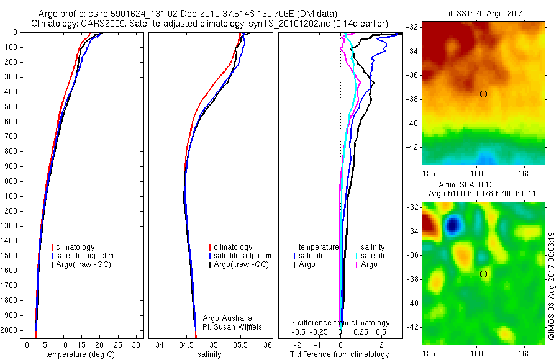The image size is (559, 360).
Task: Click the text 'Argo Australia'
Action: tap(227, 318)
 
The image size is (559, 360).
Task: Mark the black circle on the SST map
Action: tap(483, 94)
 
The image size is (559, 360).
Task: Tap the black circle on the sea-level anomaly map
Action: tap(483, 274)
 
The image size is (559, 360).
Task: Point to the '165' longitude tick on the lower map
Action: tap(524, 352)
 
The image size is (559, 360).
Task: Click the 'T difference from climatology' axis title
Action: tap(339, 354)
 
